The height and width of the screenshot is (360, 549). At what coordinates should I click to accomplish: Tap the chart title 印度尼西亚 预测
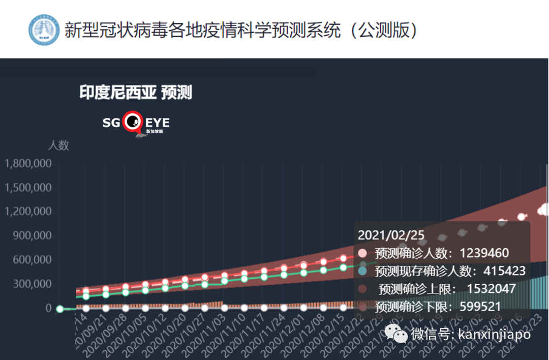click(136, 93)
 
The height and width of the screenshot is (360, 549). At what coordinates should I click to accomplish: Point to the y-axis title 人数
click(58, 145)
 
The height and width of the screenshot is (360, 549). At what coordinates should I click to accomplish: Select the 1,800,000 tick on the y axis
click(28, 164)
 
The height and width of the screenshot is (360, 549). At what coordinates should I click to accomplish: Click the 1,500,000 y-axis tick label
click(28, 188)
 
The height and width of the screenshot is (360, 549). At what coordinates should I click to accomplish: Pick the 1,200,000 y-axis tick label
click(28, 212)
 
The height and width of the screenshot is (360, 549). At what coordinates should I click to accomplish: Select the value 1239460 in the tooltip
click(484, 253)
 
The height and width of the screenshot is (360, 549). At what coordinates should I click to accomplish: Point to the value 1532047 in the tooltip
click(491, 289)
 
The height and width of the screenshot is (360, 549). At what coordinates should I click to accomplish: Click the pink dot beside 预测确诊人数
click(362, 253)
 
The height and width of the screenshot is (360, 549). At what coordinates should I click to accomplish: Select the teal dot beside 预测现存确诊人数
click(362, 271)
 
